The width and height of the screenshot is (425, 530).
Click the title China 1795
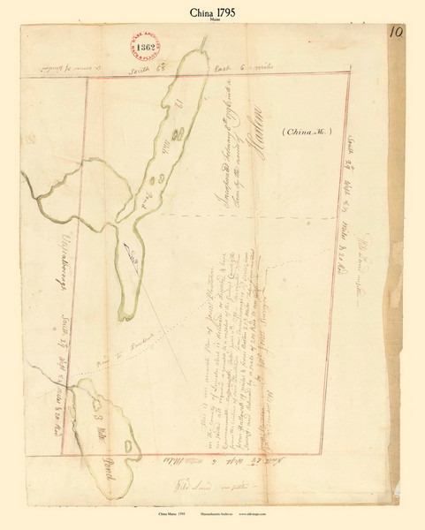(212, 13)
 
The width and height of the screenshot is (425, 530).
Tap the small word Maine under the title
(212, 25)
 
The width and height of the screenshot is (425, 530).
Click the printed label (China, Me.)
(307, 133)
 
